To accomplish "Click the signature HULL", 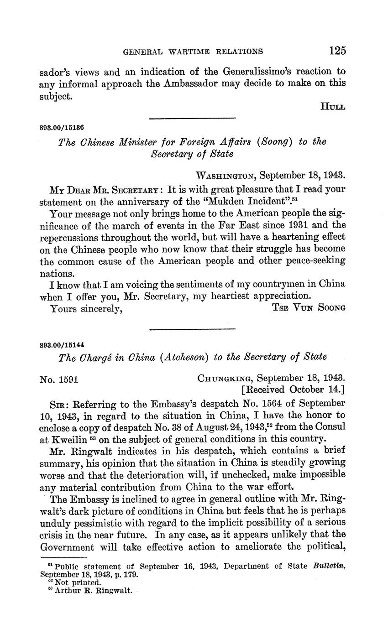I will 333,107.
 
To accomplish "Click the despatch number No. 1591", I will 61,378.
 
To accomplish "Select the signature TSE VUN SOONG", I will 309,307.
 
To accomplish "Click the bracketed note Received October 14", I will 293,390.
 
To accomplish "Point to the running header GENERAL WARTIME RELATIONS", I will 194,52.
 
